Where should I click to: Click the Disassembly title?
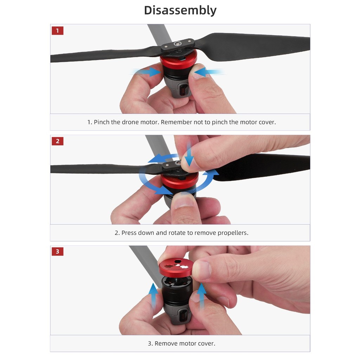tap(180, 10)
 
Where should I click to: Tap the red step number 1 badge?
tap(57, 31)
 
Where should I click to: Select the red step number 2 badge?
tap(57, 141)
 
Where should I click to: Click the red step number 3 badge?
tap(57, 251)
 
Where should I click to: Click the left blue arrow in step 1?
tap(147, 72)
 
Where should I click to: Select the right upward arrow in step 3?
tap(202, 296)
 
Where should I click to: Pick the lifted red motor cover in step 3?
tap(176, 268)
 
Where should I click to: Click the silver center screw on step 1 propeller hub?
tap(177, 44)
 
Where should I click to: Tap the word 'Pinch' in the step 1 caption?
tap(102, 122)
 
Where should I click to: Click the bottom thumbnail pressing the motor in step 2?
tap(183, 201)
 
